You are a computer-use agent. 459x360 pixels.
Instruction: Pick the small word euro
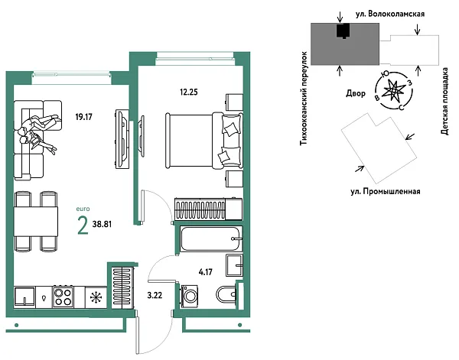coord(83,207)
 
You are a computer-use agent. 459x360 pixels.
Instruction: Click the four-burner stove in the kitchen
coord(63,297)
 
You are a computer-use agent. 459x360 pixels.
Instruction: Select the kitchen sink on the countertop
coord(25,297)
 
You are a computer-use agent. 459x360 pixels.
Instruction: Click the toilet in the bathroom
coord(228,295)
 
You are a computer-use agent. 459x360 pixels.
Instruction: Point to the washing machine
coord(188,297)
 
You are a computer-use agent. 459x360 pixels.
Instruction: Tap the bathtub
coord(210,240)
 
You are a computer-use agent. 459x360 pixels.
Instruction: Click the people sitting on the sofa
coord(37,131)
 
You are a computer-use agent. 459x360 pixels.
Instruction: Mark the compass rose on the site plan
coord(392,89)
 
